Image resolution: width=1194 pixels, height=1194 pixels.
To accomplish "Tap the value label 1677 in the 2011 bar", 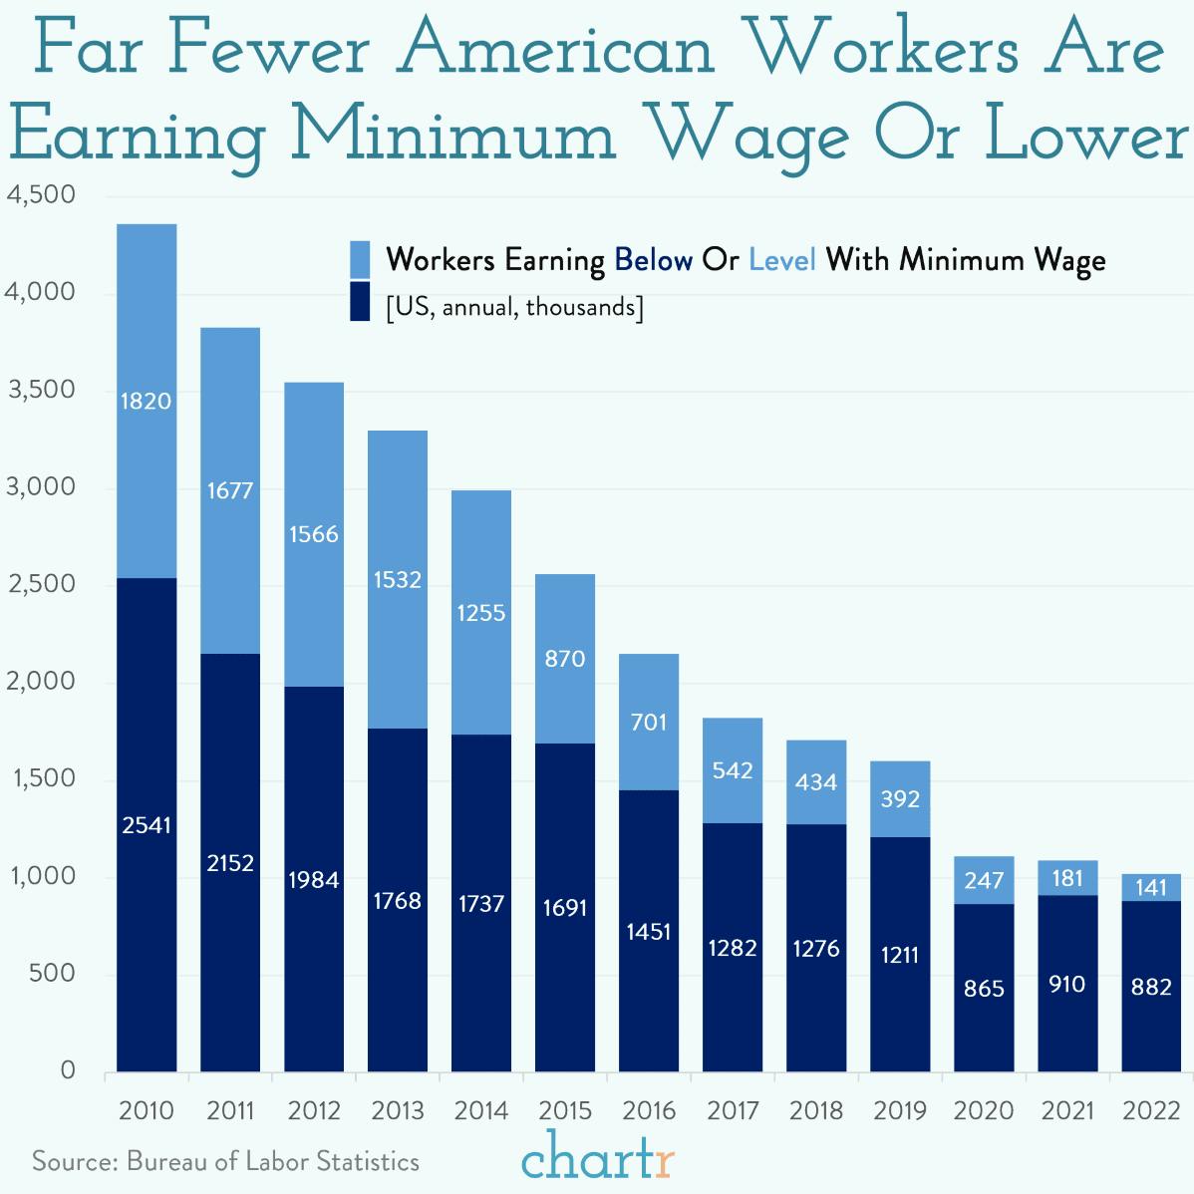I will (x=230, y=490).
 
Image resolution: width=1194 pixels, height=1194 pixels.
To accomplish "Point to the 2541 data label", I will (x=147, y=825).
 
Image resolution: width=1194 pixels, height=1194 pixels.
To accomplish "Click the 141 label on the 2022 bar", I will (x=1151, y=887).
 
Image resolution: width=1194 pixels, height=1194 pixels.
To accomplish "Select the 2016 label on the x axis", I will (x=649, y=1110).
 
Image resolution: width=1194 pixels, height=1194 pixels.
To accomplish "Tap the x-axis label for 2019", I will (x=900, y=1110).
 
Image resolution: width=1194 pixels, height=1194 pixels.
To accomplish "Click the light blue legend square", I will (x=360, y=259).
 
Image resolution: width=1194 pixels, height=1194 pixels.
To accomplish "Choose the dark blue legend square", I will (x=360, y=302).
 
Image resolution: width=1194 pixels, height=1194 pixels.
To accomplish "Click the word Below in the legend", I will (x=653, y=260).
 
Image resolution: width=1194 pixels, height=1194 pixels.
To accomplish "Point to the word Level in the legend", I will (x=782, y=260).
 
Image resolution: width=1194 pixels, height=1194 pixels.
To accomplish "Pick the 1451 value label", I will (x=649, y=932).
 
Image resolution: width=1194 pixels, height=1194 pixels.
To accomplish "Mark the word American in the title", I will (x=557, y=50).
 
